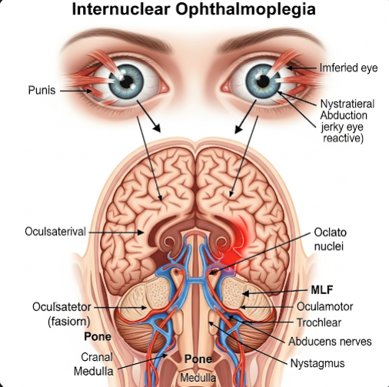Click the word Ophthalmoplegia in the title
(x=246, y=10)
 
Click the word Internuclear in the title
(x=121, y=9)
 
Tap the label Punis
(x=42, y=90)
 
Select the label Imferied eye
(x=348, y=68)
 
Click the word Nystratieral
(x=347, y=104)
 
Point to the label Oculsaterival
(x=55, y=232)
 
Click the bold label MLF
(x=322, y=290)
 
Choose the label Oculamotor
(x=324, y=306)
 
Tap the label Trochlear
(x=319, y=322)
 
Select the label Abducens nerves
(x=330, y=342)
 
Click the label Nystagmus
(x=318, y=363)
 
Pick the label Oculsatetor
(x=62, y=307)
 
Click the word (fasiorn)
(x=69, y=322)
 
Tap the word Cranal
(x=97, y=357)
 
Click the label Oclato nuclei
(x=331, y=240)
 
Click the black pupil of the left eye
(x=126, y=81)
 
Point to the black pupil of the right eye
(x=263, y=81)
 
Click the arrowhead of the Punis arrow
(x=89, y=91)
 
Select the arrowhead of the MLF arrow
(x=245, y=294)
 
